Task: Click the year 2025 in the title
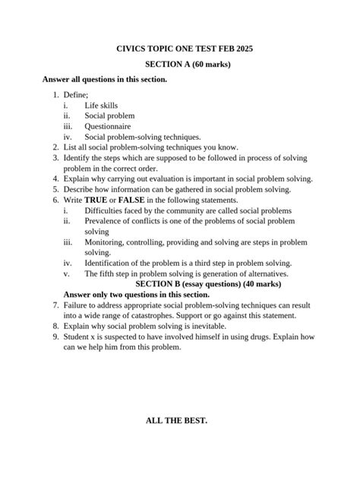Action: coord(243,49)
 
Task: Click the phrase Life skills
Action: coord(101,105)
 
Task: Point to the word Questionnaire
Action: coord(107,126)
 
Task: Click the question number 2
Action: coord(55,147)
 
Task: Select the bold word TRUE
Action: coord(103,200)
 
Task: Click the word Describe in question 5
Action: coord(81,189)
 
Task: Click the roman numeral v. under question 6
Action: coord(67,273)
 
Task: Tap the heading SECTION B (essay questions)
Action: coord(185,284)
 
